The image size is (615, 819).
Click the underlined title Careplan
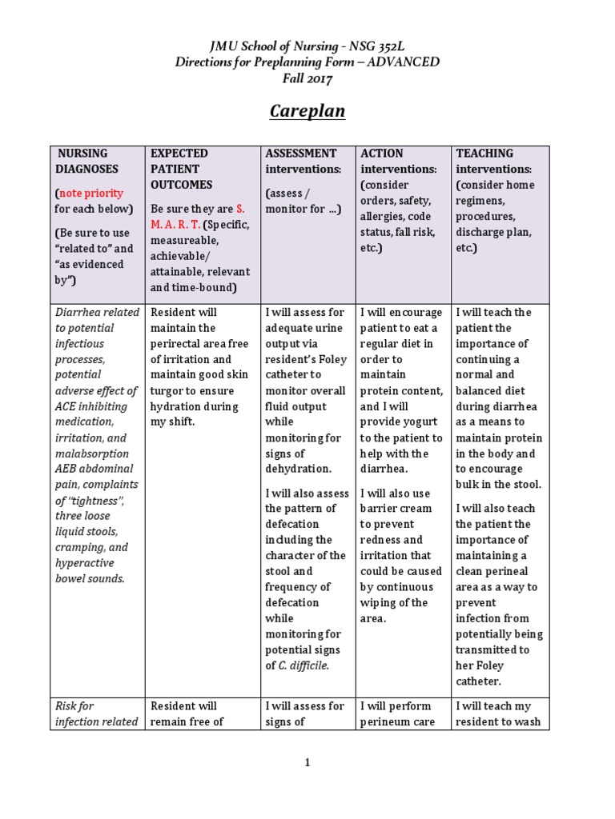point(307,110)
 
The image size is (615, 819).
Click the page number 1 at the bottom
point(307,762)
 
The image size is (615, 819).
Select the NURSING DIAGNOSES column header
point(86,161)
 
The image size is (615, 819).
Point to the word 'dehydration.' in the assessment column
point(297,469)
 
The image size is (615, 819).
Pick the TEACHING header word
point(484,153)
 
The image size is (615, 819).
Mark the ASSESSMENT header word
point(301,153)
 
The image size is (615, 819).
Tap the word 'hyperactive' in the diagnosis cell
point(87,563)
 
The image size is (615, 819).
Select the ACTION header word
point(382,153)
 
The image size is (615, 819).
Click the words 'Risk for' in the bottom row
point(74,706)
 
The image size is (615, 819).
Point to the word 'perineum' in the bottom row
point(385,721)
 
